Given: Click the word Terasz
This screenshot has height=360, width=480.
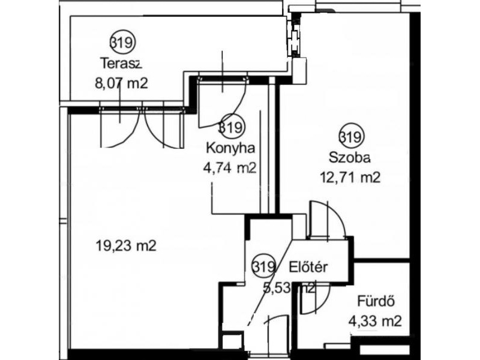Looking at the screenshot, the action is coord(121,64).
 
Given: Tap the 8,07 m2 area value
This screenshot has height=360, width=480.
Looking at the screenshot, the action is coord(122,83).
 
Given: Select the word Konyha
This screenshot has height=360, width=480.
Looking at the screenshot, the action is coord(230,148).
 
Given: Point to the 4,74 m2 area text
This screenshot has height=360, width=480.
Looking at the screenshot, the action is coord(230,168).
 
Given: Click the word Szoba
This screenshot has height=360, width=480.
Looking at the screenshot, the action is coord(350,158).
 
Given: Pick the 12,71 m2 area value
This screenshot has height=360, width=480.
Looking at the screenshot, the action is coord(350,177).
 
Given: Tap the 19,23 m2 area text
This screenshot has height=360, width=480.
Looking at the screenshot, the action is coord(126,245).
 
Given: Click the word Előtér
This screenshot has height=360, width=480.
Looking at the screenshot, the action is coord(308,267).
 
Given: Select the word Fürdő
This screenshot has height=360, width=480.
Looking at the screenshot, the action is coord(376,301).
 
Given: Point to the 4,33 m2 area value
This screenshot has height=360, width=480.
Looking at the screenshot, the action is coord(375,322).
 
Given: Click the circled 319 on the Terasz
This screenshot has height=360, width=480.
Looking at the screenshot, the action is coord(122,42).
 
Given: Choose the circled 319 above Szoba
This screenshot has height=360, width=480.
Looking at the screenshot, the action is coord(352,137).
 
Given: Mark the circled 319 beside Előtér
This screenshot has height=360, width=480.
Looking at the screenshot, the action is coord(264,267).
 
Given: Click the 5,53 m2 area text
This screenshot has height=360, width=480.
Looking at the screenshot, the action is coord(289,288).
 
